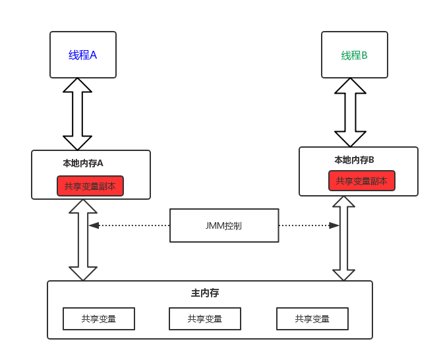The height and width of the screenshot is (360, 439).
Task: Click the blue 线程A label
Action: click(x=83, y=55)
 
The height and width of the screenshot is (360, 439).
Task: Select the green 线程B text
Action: click(x=355, y=55)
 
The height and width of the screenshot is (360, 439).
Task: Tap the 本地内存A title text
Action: click(x=83, y=163)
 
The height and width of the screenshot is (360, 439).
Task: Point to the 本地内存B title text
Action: click(x=354, y=160)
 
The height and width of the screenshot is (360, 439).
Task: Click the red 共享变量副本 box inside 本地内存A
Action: click(x=90, y=186)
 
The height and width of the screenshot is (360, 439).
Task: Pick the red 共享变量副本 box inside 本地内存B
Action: click(x=362, y=181)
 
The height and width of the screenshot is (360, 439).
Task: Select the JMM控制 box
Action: click(x=224, y=225)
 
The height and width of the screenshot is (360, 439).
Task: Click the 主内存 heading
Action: click(x=205, y=293)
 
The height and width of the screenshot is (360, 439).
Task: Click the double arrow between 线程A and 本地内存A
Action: click(x=78, y=114)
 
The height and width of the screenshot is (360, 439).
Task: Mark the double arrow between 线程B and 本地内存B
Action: click(x=350, y=112)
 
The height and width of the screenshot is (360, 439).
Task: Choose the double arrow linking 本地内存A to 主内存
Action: click(x=83, y=240)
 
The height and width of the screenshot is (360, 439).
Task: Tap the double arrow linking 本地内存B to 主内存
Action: click(x=343, y=239)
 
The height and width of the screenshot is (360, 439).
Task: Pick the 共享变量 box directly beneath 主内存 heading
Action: click(x=205, y=319)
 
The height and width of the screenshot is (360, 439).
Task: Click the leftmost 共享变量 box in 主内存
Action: click(x=99, y=319)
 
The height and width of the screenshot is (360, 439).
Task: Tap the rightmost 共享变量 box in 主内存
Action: click(x=312, y=319)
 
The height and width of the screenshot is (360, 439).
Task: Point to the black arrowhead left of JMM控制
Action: click(x=94, y=225)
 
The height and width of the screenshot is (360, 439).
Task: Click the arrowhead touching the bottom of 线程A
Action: click(x=78, y=86)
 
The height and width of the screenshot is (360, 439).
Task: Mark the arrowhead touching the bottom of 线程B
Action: click(x=350, y=86)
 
